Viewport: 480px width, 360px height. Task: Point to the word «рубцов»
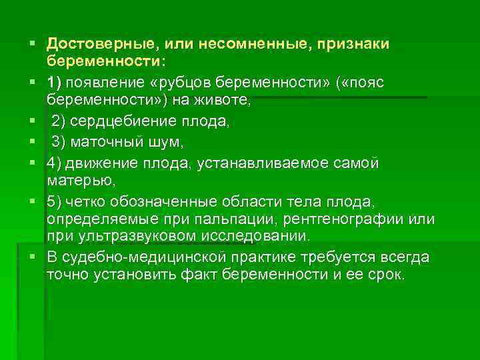[191, 81]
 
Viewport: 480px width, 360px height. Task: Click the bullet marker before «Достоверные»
[31, 44]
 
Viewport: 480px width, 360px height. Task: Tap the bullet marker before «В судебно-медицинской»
[31, 257]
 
